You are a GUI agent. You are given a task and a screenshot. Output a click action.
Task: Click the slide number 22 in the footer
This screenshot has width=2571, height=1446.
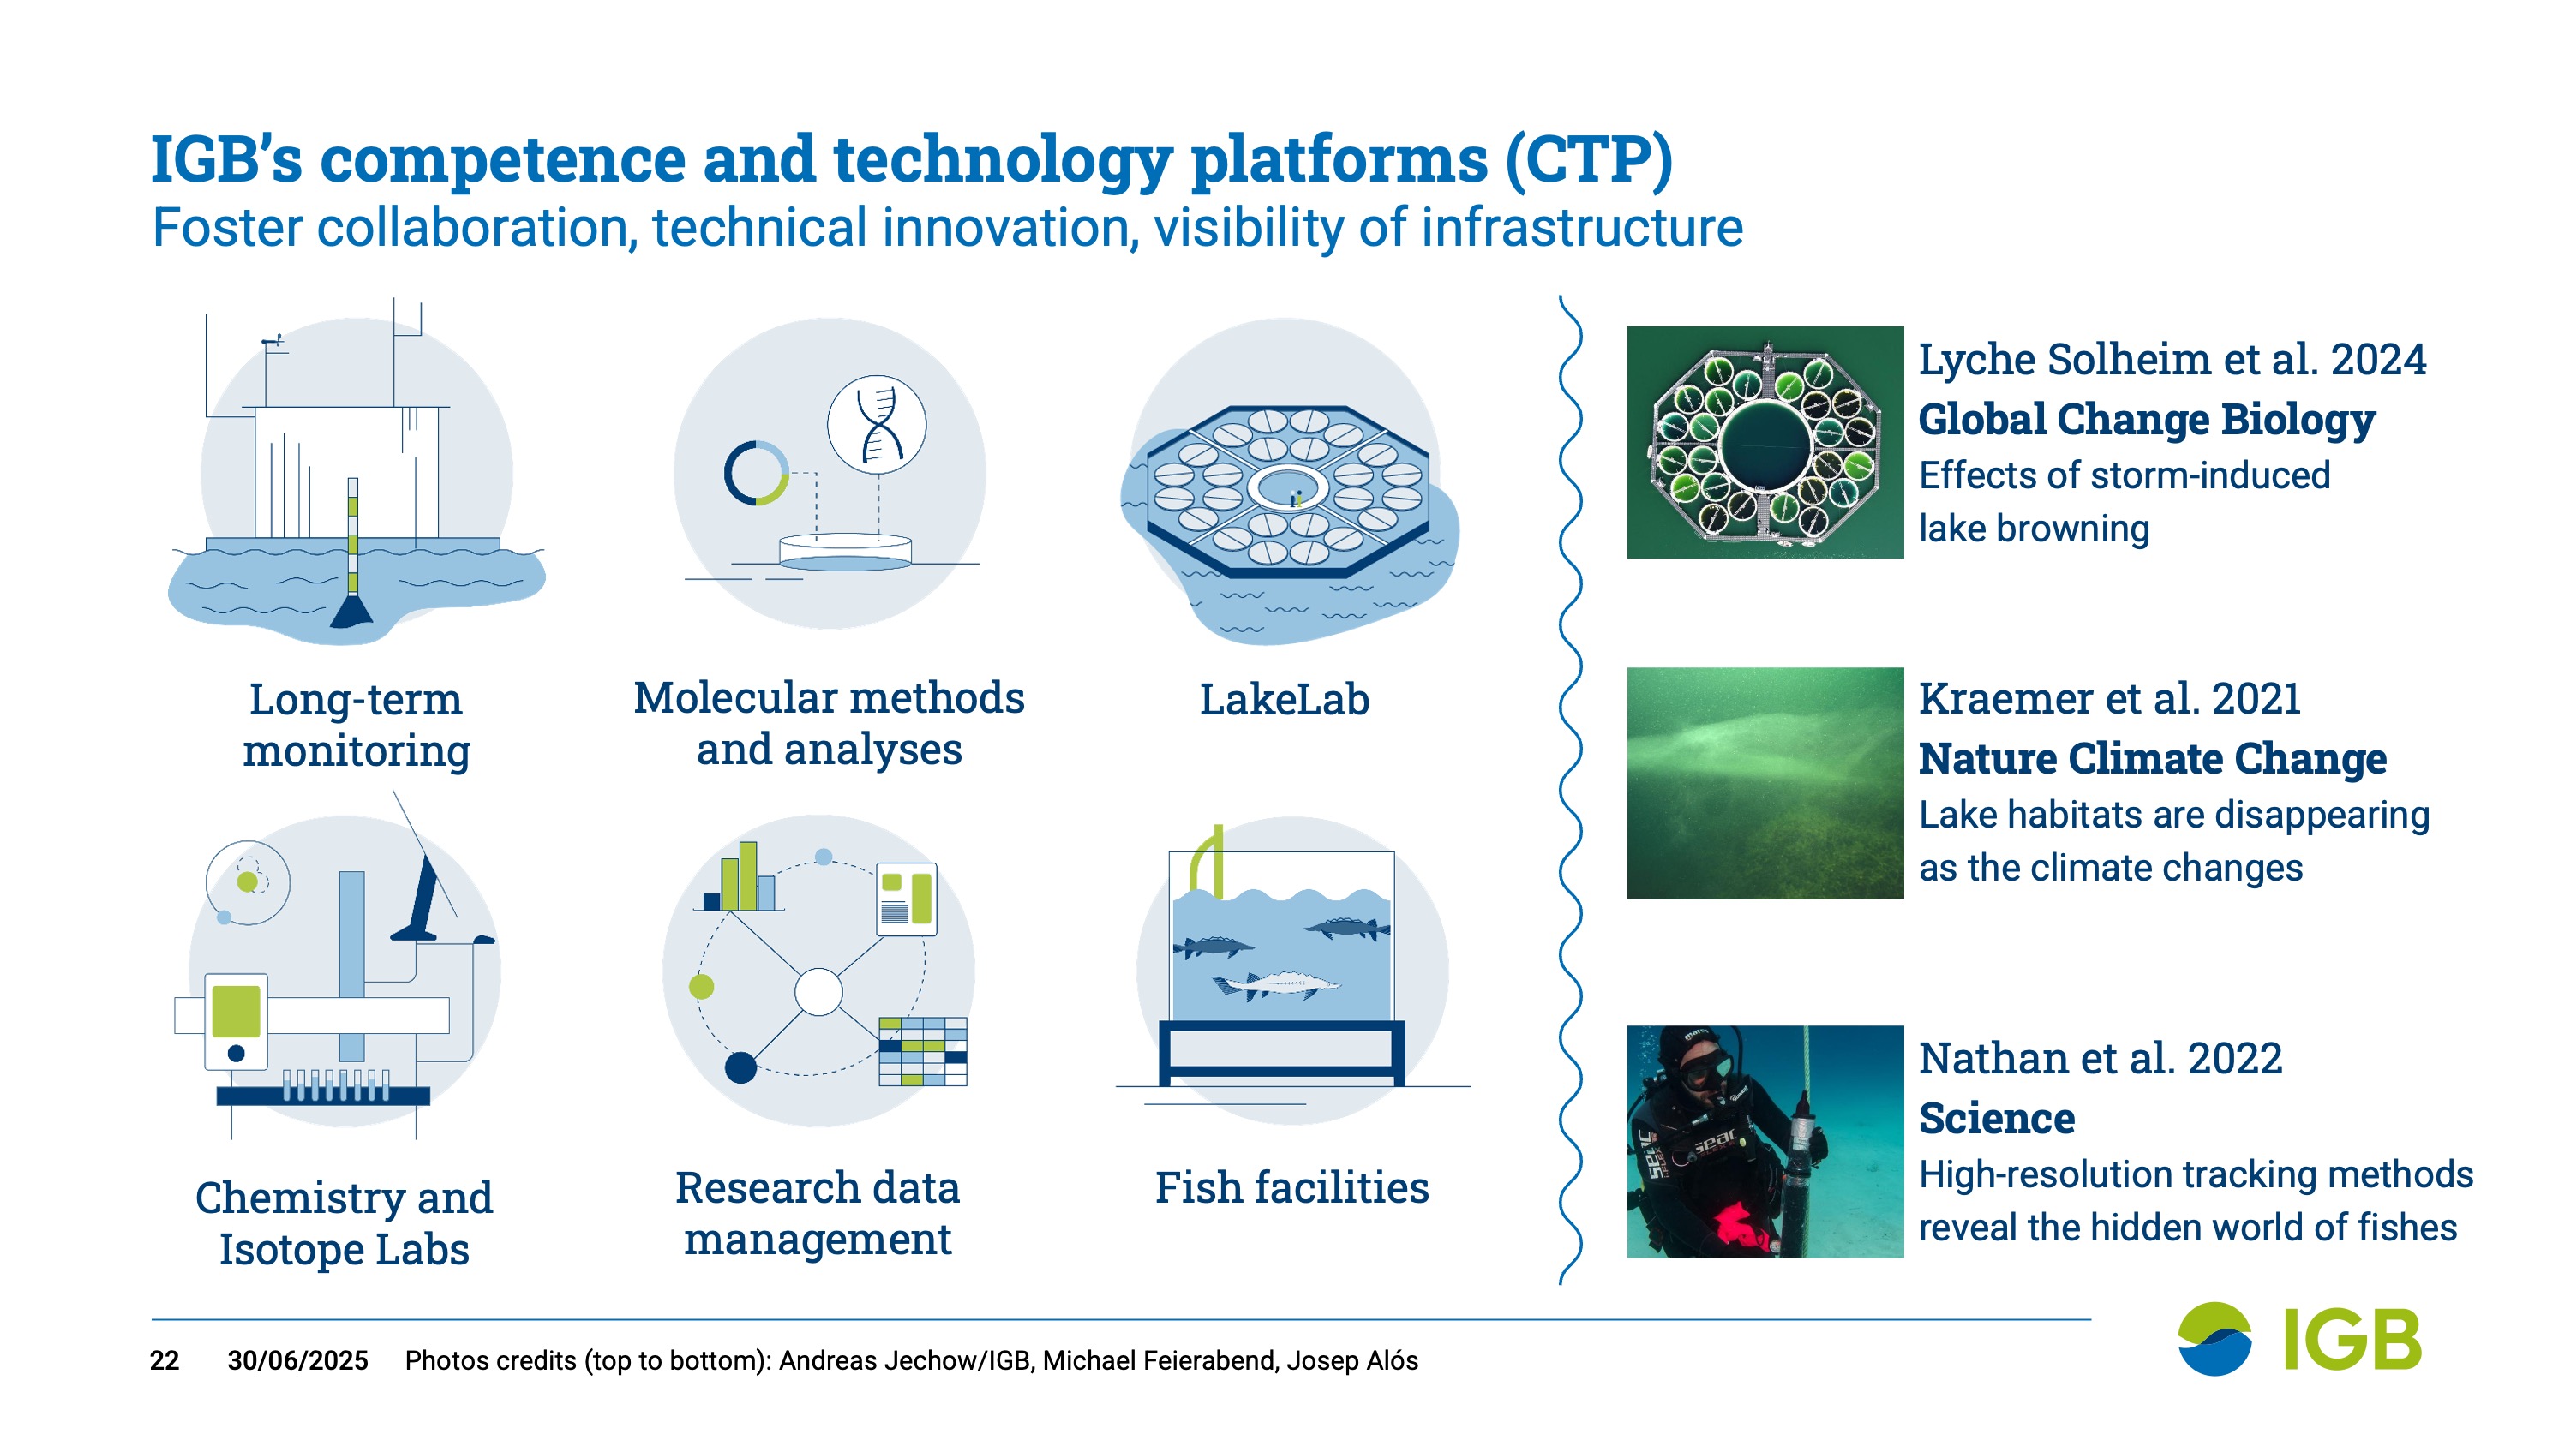[x=165, y=1360]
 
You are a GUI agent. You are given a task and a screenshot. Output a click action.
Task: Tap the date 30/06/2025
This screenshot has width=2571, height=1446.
[x=297, y=1360]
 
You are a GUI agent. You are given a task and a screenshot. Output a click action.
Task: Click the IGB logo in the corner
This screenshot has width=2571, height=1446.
[x=2299, y=1338]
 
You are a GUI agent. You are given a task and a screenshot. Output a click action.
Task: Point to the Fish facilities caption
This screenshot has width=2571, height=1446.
[x=1291, y=1187]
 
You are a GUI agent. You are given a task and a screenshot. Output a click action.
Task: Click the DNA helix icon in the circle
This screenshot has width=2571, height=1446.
[x=878, y=424]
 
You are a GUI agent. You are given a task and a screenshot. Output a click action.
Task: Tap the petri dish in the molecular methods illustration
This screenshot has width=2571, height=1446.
[x=844, y=552]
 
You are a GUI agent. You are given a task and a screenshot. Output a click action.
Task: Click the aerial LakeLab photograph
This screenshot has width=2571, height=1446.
[x=1765, y=442]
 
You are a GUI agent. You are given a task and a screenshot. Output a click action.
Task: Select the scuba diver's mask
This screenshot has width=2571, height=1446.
[x=1704, y=1067]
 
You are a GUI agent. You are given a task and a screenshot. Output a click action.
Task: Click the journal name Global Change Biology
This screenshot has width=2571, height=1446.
[x=2147, y=418]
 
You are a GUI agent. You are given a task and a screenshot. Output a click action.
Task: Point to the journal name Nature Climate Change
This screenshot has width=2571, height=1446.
[x=2153, y=757]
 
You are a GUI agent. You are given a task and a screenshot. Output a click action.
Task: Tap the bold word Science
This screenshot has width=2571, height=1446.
[x=1996, y=1118]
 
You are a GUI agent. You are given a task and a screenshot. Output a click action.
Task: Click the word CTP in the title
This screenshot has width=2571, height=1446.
[x=1589, y=158]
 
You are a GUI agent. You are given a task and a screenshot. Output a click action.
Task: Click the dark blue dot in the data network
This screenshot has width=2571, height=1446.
[x=740, y=1067]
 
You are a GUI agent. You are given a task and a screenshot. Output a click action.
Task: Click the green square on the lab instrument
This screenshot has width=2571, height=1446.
[x=237, y=1012]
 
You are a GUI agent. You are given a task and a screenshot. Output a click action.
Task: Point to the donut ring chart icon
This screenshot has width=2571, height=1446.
[x=757, y=472]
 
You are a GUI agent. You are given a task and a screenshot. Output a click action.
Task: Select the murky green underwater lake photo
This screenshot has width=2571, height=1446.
[x=1765, y=783]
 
